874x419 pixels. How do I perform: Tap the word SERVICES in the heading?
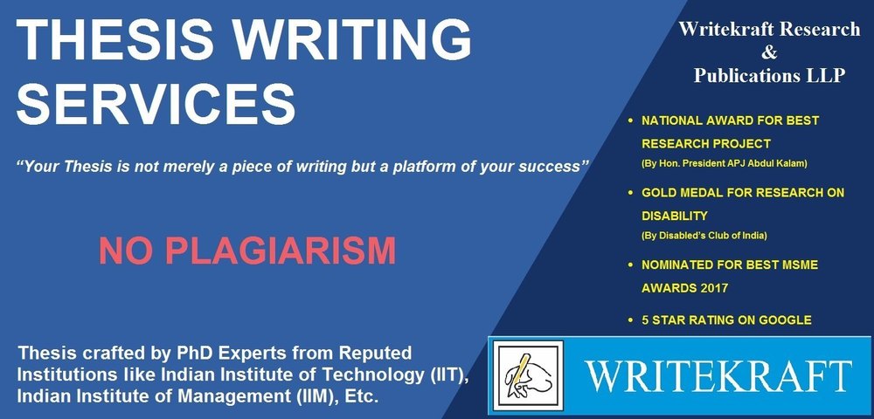click(x=156, y=105)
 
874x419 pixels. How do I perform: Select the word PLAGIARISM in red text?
click(x=281, y=251)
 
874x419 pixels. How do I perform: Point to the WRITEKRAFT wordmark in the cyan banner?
click(x=718, y=376)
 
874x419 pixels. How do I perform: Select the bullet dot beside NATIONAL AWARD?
click(x=630, y=120)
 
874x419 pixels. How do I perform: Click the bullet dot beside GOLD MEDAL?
click(x=630, y=193)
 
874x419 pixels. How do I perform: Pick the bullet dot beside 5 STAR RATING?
click(x=630, y=320)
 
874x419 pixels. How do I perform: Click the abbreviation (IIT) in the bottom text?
click(x=448, y=375)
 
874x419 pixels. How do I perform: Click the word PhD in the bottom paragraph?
click(x=193, y=353)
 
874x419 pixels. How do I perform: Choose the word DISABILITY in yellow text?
click(x=675, y=216)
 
